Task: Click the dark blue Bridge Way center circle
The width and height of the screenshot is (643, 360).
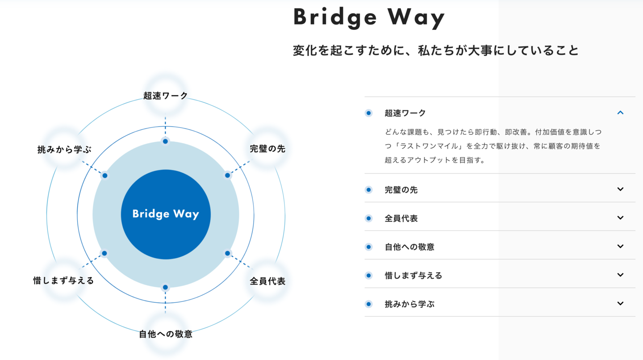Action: [x=166, y=214]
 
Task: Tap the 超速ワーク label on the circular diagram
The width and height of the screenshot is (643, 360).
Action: [x=166, y=96]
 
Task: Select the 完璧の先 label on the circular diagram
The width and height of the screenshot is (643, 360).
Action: [x=267, y=149]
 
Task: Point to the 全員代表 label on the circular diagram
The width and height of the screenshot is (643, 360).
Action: [x=267, y=281]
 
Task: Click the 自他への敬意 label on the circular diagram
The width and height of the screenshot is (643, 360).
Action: [x=166, y=334]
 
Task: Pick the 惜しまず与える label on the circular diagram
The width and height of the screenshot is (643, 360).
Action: [x=64, y=280]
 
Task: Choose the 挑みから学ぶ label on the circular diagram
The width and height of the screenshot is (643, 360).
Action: [x=64, y=149]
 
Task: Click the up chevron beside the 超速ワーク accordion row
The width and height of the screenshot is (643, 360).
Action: [x=620, y=113]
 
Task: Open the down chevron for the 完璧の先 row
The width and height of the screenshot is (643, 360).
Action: [x=620, y=189]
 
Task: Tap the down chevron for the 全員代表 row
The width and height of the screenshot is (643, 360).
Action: [x=620, y=218]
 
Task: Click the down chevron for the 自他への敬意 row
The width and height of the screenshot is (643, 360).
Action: [x=620, y=247]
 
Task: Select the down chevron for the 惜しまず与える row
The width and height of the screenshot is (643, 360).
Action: [x=620, y=275]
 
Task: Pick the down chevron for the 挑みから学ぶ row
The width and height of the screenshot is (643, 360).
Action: [x=620, y=304]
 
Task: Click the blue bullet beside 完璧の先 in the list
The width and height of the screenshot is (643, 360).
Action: [x=368, y=190]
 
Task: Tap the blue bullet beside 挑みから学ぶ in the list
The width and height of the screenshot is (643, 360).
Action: [x=368, y=304]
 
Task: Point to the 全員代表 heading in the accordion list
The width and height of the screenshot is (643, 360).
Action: [x=401, y=218]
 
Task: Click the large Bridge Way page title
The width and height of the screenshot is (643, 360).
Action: [x=369, y=18]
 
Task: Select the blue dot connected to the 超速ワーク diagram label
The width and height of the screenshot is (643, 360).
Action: [x=165, y=141]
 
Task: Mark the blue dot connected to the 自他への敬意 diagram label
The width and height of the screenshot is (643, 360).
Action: [x=165, y=287]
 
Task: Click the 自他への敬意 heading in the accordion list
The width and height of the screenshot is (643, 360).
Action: [x=409, y=247]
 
